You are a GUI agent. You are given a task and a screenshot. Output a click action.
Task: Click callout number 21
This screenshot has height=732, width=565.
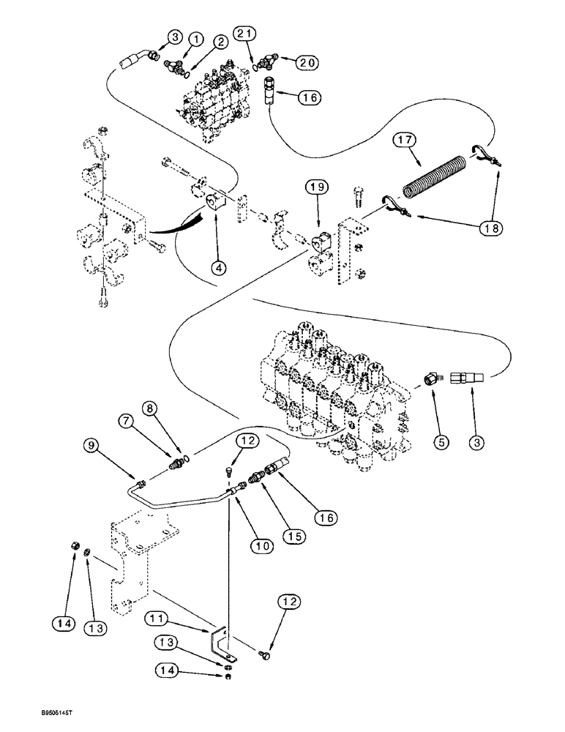[x=245, y=33]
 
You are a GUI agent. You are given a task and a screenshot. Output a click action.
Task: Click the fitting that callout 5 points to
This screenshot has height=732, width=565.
[x=432, y=378]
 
